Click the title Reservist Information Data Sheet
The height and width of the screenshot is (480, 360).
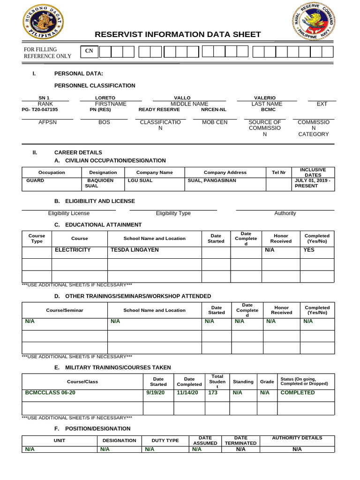[178, 35]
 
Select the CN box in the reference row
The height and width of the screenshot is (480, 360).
[89, 52]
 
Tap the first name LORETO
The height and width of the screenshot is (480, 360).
[105, 97]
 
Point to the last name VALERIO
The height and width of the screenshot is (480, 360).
[264, 97]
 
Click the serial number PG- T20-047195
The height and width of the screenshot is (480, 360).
[40, 109]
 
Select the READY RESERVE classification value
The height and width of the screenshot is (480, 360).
[159, 109]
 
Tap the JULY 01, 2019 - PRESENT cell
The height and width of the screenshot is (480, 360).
[313, 183]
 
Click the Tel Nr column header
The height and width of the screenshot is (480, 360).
[278, 172]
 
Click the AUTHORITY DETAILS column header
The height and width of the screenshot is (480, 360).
[297, 438]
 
